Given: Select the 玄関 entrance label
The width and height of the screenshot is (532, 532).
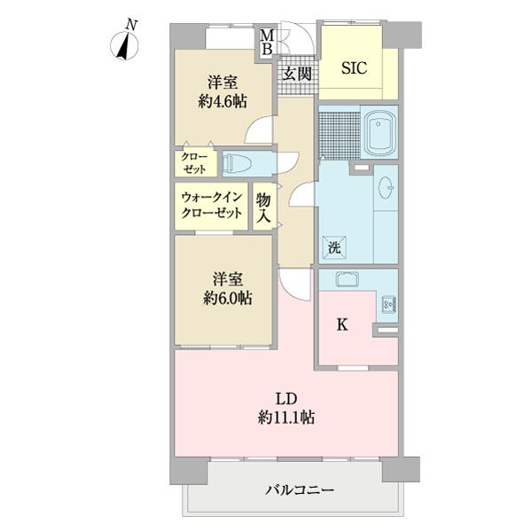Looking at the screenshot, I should click(296, 74).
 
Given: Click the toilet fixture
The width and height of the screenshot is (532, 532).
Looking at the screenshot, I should click(239, 163).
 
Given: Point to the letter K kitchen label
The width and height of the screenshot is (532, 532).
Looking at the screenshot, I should click(341, 325).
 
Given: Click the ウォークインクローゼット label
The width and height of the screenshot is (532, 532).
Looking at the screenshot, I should click(212, 206).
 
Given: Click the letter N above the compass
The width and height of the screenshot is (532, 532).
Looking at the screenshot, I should click(131, 26).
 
